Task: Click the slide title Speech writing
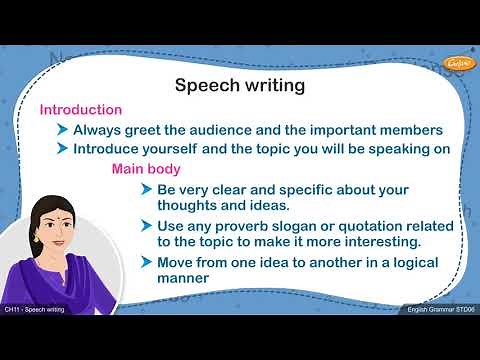[239, 85]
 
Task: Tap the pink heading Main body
[146, 168]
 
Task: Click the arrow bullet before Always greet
[64, 129]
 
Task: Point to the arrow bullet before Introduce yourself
[64, 148]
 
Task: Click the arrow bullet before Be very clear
[147, 189]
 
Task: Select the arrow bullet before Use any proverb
[147, 226]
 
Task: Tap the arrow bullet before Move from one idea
[147, 262]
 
